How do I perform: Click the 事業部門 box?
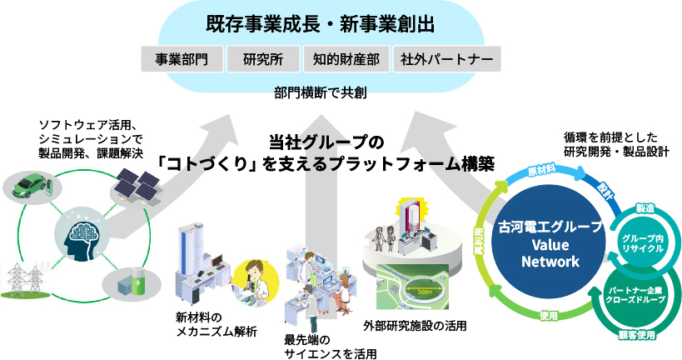(x=182, y=60)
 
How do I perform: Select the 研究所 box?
(x=263, y=60)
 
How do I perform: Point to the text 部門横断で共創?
(x=318, y=93)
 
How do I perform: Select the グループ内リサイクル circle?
(x=642, y=242)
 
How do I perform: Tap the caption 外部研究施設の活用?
(x=415, y=325)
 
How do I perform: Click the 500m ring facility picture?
(x=416, y=287)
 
